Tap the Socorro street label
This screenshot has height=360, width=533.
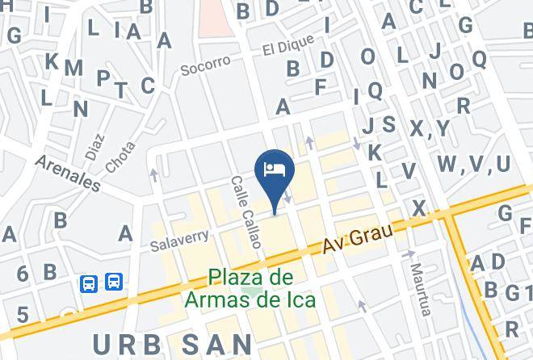[205, 63]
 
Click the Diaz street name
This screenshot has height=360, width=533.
[94, 145]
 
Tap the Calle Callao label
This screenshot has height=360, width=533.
[244, 207]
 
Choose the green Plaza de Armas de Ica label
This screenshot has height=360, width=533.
[250, 288]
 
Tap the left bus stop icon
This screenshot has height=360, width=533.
[89, 283]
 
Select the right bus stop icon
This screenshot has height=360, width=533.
[114, 283]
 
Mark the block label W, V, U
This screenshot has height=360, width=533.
[474, 164]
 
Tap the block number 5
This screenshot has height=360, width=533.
[23, 315]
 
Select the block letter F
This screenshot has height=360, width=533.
[321, 86]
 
